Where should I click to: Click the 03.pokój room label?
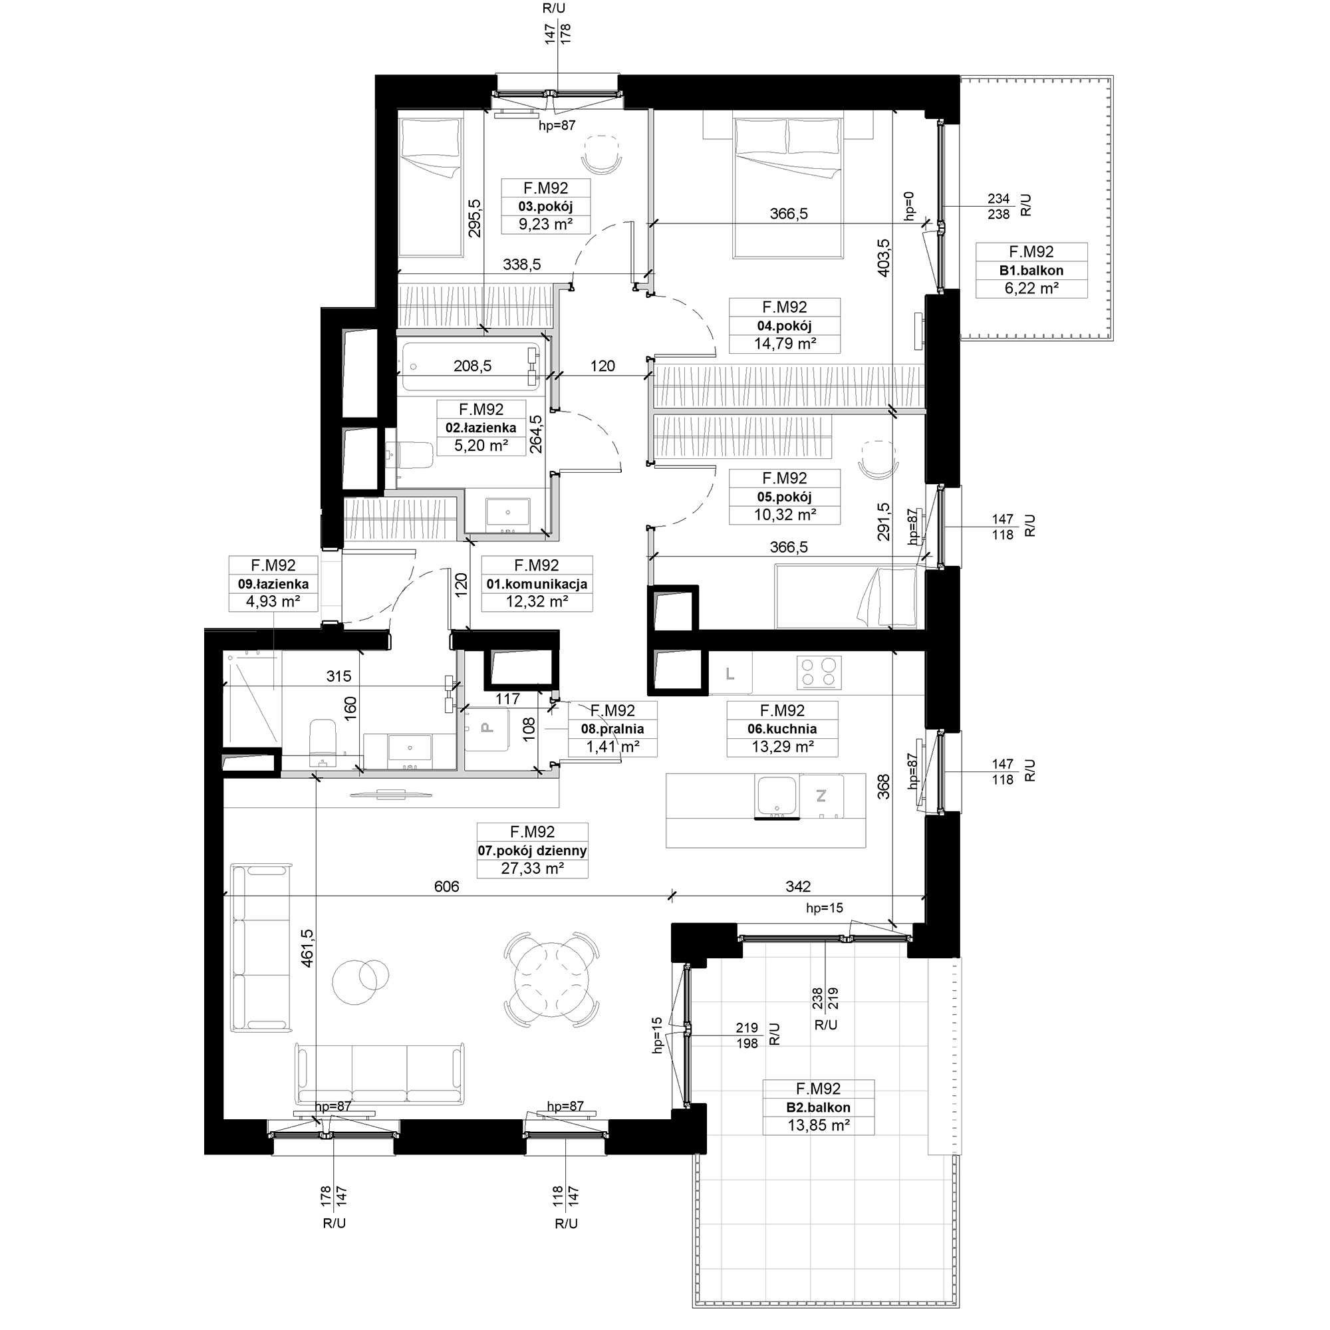tap(545, 207)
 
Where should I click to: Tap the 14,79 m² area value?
tap(785, 344)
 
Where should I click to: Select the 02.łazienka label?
tap(481, 428)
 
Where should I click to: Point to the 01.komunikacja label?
tap(537, 585)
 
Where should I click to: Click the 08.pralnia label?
tap(612, 729)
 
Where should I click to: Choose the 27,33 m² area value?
tap(533, 868)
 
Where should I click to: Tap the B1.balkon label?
tap(1031, 271)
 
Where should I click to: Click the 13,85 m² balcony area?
tap(819, 1127)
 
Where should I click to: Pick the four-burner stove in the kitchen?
tap(819, 672)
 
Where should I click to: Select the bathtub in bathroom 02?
tap(471, 366)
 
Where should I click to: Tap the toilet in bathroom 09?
tap(322, 743)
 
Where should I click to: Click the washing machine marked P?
tap(487, 729)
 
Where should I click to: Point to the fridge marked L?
tap(730, 674)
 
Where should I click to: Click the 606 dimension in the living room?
tap(447, 886)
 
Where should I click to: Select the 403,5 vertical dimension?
tap(884, 257)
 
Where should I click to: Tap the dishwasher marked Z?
tap(821, 797)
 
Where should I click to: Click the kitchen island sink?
tap(777, 797)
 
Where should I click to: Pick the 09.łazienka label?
tap(273, 585)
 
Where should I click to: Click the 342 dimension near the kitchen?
tap(798, 886)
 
